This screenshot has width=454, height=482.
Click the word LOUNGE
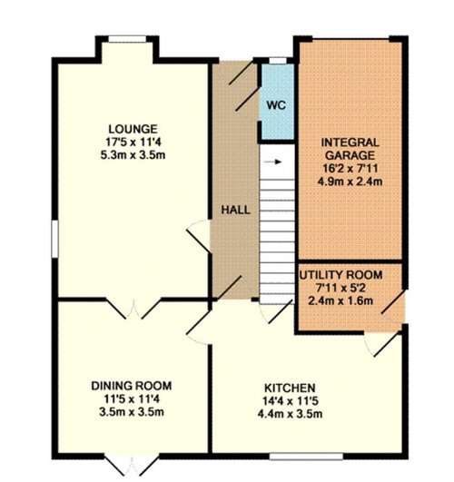click(133, 129)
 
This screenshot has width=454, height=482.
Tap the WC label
click(276, 105)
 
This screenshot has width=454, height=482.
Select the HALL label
click(235, 211)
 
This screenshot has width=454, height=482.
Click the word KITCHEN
click(290, 388)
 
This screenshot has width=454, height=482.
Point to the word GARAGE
click(350, 155)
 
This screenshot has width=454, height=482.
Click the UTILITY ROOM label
click(340, 275)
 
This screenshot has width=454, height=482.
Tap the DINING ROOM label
click(132, 386)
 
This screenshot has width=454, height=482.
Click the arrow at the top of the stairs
click(277, 162)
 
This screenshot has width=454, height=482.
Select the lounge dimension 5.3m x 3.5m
click(133, 155)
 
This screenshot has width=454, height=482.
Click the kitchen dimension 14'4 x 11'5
click(290, 401)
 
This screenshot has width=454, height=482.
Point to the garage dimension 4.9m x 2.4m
click(350, 182)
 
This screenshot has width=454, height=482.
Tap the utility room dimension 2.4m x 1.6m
click(340, 300)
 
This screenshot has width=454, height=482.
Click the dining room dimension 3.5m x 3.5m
click(132, 412)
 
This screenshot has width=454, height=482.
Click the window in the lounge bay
click(127, 39)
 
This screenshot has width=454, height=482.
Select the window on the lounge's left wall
click(54, 239)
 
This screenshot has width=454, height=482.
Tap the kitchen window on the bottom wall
click(306, 457)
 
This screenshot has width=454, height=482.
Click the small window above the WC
click(278, 61)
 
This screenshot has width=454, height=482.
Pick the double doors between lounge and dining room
click(133, 309)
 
